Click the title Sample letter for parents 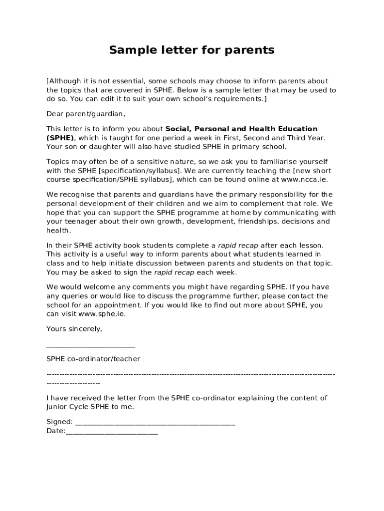click(192, 50)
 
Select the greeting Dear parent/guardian click(86, 114)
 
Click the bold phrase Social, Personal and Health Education click(241, 129)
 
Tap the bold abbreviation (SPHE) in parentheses click(60, 138)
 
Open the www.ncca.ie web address click(304, 180)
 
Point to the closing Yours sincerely click(74, 329)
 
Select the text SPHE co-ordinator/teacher click(93, 359)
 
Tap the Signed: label click(59, 422)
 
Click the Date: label click(56, 431)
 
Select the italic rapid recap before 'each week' click(174, 272)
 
